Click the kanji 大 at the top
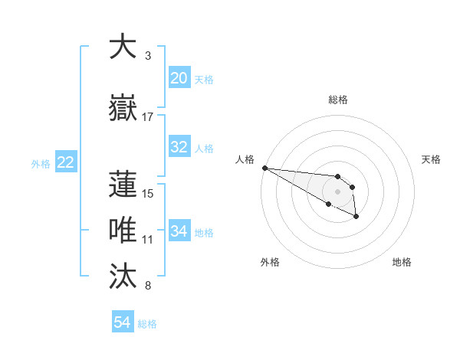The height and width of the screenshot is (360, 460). [x=123, y=47]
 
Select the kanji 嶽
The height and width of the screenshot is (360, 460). [x=123, y=108]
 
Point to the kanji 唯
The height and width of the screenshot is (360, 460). [x=123, y=231]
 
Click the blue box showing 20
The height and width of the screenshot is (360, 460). [x=179, y=78]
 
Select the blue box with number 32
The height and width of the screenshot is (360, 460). [x=179, y=148]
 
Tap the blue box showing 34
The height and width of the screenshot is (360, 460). [x=179, y=231]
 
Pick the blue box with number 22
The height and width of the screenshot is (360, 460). [x=66, y=162]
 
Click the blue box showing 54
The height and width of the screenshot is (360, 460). [x=123, y=323]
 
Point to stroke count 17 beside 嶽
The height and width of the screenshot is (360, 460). [x=148, y=117]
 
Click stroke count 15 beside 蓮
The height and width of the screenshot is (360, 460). [x=148, y=193]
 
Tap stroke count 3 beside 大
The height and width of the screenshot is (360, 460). [x=148, y=56]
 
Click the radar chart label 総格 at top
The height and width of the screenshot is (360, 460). [x=337, y=100]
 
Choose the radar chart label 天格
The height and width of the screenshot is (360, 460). [x=432, y=159]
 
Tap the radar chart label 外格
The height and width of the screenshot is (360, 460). [x=270, y=262]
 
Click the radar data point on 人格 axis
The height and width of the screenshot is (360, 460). [x=264, y=168]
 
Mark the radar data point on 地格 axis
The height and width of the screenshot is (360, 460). [x=356, y=217]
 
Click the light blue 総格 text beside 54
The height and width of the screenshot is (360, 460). [x=148, y=324]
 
